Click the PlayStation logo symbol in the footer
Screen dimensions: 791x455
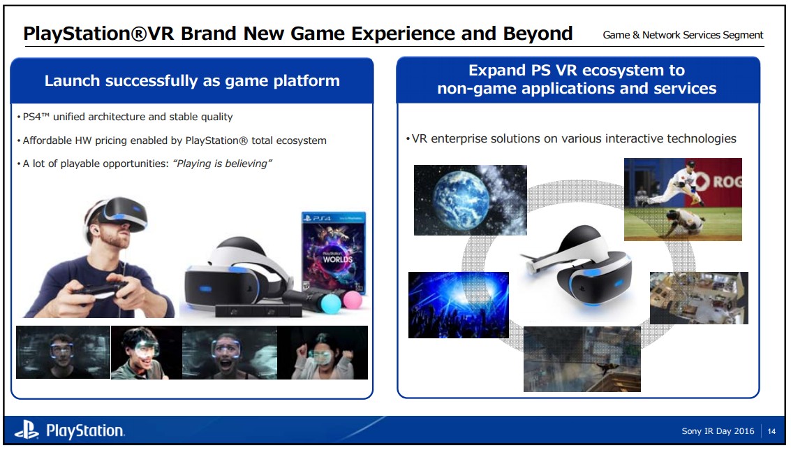(27, 431)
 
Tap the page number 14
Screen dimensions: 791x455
(771, 431)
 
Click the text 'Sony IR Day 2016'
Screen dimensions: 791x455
(718, 431)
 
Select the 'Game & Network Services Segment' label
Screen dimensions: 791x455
(683, 35)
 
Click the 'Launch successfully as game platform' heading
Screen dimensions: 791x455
(192, 81)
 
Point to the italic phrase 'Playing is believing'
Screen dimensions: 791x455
(222, 164)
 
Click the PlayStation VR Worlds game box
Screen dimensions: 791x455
(334, 252)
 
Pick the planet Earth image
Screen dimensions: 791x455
(470, 200)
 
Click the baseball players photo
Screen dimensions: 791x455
(683, 199)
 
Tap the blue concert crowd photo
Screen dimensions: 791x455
(459, 305)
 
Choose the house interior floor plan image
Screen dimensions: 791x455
(699, 298)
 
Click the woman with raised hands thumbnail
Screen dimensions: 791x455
(323, 352)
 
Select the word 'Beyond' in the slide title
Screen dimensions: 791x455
(538, 34)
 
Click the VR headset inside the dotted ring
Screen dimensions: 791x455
(580, 266)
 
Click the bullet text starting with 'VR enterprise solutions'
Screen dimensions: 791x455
(571, 139)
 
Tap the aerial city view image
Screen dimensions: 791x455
(582, 359)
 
